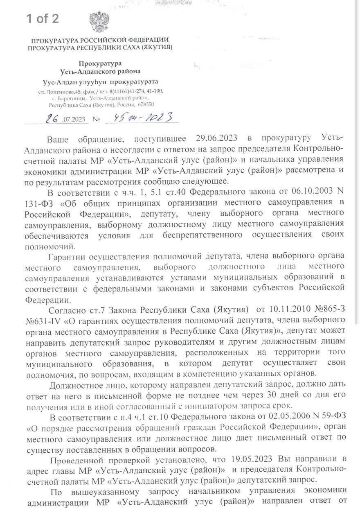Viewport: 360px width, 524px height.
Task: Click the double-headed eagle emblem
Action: pos(98,22)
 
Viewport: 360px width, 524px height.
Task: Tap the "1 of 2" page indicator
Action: pos(43,18)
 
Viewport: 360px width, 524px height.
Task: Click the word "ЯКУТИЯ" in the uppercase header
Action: pos(155,47)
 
